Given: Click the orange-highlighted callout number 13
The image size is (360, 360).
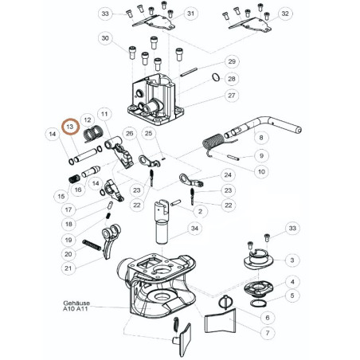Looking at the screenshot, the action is pyautogui.click(x=70, y=127).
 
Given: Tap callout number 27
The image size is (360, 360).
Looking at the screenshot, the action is pyautogui.click(x=232, y=96).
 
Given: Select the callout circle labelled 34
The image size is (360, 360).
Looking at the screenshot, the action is pyautogui.click(x=194, y=228).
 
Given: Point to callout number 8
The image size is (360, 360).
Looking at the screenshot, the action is pyautogui.click(x=261, y=138).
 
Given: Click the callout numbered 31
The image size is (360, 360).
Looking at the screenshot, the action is pyautogui.click(x=191, y=14).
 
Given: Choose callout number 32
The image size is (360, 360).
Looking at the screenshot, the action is pyautogui.click(x=285, y=14).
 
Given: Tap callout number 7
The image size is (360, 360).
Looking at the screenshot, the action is pyautogui.click(x=268, y=333).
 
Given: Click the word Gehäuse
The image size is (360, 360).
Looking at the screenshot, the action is pyautogui.click(x=76, y=303).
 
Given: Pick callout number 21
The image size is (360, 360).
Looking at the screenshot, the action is pyautogui.click(x=68, y=268).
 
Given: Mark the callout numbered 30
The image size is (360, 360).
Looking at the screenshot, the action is pyautogui.click(x=105, y=38).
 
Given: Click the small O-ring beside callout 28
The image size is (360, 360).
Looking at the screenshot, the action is pyautogui.click(x=216, y=77).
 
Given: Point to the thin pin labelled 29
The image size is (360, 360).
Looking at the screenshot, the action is pyautogui.click(x=189, y=72).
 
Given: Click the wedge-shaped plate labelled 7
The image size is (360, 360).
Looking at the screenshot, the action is pyautogui.click(x=221, y=321).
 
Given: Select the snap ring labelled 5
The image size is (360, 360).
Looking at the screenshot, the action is pyautogui.click(x=258, y=303).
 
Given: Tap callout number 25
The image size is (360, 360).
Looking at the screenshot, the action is pyautogui.click(x=148, y=133).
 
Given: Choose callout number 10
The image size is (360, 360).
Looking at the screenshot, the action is pyautogui.click(x=261, y=171).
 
